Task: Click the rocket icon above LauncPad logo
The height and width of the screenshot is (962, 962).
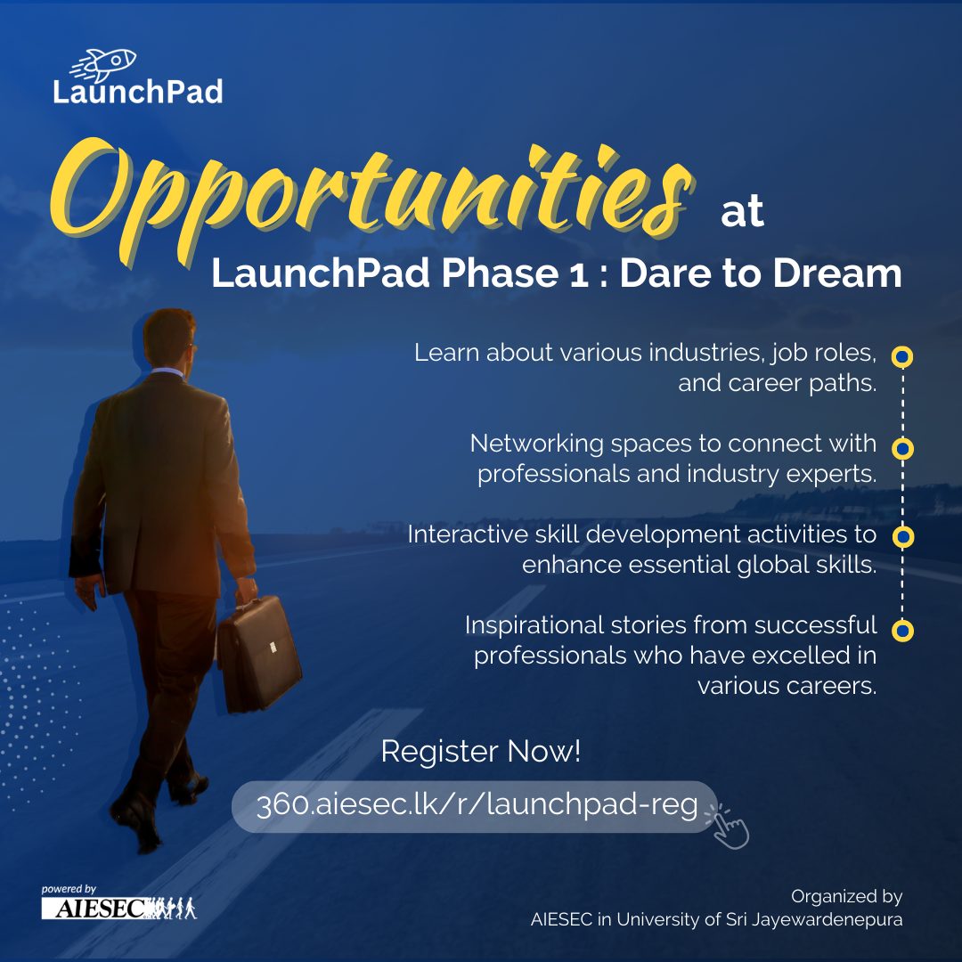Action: click(103, 64)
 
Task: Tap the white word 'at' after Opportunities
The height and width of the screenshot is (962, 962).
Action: click(742, 211)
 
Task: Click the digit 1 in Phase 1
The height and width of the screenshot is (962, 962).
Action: click(579, 275)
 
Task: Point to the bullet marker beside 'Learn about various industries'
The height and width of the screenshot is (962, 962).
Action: click(901, 356)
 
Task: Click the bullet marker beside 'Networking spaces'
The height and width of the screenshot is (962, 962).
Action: click(901, 448)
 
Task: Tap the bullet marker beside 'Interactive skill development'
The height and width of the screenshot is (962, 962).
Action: click(901, 537)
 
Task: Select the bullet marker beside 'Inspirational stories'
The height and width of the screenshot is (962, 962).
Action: click(901, 631)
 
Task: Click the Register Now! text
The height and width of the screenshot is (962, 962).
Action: click(480, 751)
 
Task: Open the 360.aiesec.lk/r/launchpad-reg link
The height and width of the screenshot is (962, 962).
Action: click(477, 805)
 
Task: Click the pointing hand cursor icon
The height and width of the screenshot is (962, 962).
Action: click(729, 827)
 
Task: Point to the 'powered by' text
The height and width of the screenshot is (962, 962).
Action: click(69, 889)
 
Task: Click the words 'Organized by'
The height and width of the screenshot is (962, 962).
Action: click(847, 896)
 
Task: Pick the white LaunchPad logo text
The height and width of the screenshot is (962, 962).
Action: click(137, 92)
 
